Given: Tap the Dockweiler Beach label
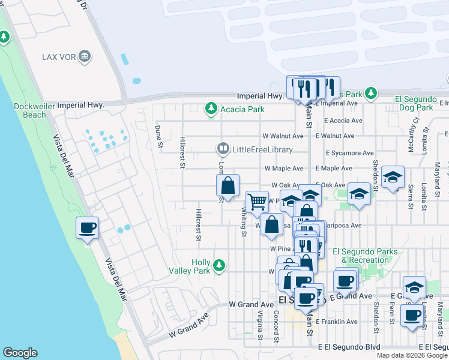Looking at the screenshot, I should coord(30,110).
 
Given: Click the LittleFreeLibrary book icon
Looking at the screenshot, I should coord(223,149).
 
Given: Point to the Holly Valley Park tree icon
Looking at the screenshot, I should coord(219,265).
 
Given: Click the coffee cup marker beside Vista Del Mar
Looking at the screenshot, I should coord(88,228).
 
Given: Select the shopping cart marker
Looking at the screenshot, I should coord(257,202).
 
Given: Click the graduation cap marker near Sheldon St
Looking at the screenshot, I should coord(393,177).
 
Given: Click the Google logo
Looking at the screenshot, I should coord(20,353).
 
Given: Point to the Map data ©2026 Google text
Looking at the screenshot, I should coord(412,355).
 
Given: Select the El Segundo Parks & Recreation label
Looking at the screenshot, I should coord(365,256).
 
